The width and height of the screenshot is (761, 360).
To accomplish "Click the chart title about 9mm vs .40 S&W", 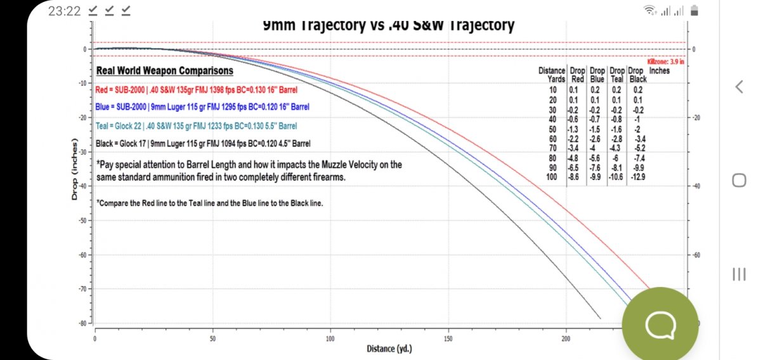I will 388,26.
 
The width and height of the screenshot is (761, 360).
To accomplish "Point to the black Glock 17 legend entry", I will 203,144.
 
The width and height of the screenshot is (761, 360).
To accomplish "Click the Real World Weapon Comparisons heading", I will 164,71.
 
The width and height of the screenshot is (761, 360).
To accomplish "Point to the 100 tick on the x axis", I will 330,339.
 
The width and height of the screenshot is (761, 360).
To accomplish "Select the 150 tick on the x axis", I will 448,339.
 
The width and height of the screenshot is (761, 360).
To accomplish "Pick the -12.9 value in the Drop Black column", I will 637,176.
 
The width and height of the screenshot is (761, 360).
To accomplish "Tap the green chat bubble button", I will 660,325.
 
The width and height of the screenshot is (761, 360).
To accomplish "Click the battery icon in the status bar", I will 694,11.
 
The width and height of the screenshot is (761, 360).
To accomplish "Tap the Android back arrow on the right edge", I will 739,87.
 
